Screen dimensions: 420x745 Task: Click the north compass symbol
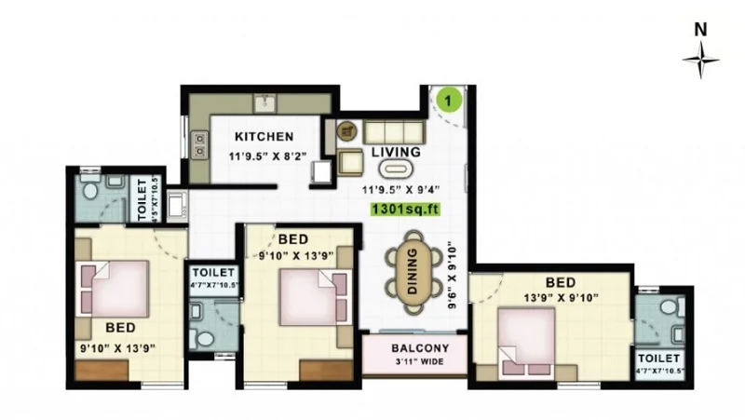(700, 61)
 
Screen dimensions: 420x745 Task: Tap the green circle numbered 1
(450, 98)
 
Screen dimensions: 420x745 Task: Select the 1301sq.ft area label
(404, 210)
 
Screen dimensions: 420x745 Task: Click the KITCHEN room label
(264, 136)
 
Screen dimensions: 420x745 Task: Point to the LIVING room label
(396, 152)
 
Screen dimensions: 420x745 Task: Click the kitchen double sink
(198, 142)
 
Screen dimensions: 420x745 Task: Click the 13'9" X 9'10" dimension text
(559, 298)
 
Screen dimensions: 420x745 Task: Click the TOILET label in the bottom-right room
(658, 358)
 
